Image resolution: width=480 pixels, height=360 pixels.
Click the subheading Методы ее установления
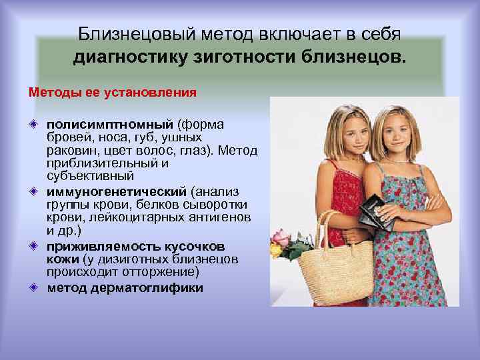pyautogui.click(x=113, y=91)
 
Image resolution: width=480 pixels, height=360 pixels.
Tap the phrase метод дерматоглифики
pyautogui.click(x=125, y=288)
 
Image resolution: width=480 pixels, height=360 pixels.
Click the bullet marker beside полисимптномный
pyautogui.click(x=33, y=125)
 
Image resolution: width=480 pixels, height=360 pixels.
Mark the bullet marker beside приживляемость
pyautogui.click(x=33, y=246)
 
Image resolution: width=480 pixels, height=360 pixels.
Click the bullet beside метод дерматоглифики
pyautogui.click(x=33, y=288)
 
